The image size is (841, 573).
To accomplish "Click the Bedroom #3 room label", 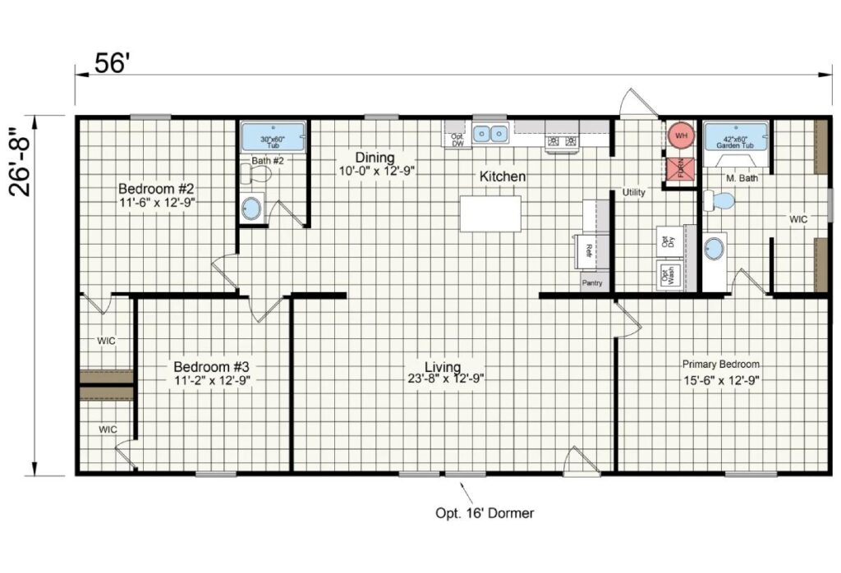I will coord(210,365).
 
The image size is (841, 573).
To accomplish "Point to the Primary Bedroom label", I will coord(721,364).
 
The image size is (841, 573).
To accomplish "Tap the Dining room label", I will coord(375,158).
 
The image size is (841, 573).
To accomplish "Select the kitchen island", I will coord(490,213).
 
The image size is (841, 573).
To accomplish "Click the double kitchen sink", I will coord(491,133).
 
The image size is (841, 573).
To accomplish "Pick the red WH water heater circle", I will coord(680,134).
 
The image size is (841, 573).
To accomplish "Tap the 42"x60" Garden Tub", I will coord(736,136).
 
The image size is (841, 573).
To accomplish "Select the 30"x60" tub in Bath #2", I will coord(273,136).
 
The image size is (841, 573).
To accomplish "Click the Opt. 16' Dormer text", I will coord(485,513).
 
